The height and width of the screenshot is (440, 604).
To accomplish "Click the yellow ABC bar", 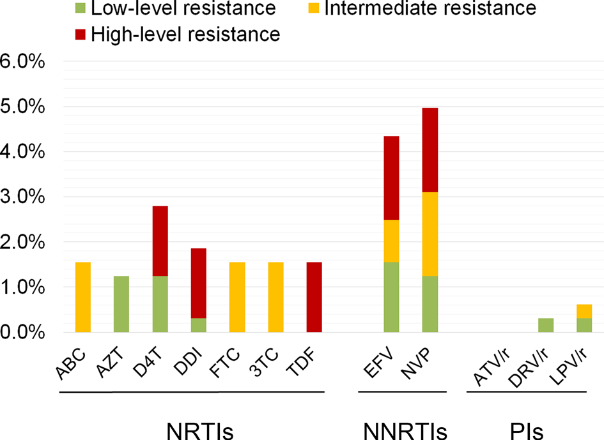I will (82, 297).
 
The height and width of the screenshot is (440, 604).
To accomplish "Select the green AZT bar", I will (121, 304).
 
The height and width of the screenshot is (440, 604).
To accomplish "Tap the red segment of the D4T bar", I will (160, 241).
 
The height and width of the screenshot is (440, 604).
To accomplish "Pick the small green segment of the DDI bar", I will (198, 325).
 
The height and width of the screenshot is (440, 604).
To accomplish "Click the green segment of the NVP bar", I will (430, 304).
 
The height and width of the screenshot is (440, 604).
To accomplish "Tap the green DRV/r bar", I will (545, 325).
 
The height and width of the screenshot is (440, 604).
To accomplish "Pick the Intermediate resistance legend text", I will (430, 9).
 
